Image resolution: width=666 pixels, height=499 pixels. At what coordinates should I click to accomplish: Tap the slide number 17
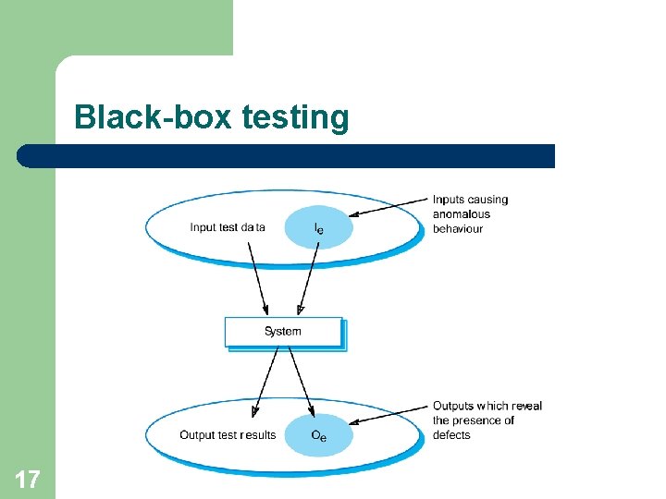coord(28,479)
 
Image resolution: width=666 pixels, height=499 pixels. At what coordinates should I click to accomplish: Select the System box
coord(283,332)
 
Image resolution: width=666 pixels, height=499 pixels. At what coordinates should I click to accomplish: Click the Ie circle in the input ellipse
coord(318,227)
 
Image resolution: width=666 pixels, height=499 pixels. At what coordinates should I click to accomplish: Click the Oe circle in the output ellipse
coord(318,435)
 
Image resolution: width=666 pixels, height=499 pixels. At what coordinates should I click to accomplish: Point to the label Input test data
coord(228,227)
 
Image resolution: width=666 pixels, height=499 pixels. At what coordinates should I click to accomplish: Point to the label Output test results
coord(228,435)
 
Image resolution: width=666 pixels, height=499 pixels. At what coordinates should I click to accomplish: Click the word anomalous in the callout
coord(462,214)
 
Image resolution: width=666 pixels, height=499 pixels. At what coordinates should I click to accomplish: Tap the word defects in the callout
coord(451,435)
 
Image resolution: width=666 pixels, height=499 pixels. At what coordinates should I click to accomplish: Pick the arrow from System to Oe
coord(301,382)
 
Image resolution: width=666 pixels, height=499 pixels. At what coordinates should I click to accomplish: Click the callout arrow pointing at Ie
coord(388,208)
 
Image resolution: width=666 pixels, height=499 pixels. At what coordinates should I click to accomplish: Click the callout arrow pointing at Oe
coord(388,415)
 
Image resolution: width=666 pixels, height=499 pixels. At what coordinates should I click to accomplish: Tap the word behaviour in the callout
coord(458,229)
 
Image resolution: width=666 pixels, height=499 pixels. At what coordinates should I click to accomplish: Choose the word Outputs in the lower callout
coord(453,406)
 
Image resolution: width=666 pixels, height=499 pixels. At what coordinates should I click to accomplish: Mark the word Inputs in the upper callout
coord(449,200)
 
